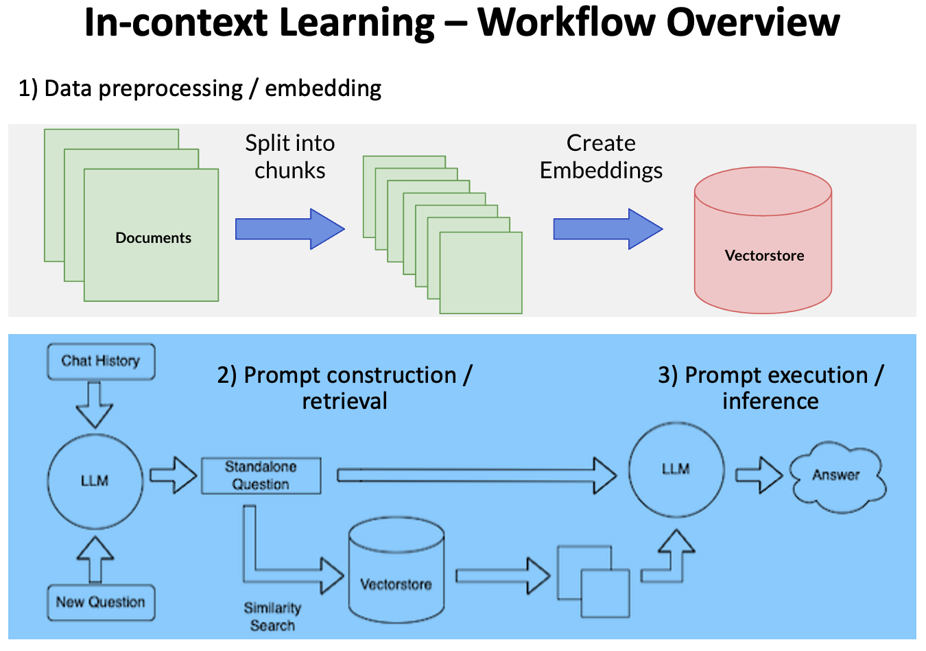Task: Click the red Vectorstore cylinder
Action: (763, 244)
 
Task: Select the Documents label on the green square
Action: (153, 238)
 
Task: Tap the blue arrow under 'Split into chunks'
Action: (289, 229)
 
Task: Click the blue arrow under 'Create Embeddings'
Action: (608, 229)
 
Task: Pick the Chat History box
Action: (101, 362)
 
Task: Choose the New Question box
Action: (101, 602)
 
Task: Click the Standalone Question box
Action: (261, 475)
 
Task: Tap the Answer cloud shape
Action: (837, 476)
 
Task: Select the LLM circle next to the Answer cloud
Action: (676, 469)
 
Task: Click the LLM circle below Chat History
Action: (95, 480)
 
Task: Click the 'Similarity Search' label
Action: (272, 616)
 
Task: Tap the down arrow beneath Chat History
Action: (94, 405)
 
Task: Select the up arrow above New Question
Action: (95, 558)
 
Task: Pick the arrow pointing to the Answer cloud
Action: (759, 475)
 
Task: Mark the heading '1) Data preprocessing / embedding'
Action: (200, 88)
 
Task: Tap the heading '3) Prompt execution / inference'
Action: (770, 388)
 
